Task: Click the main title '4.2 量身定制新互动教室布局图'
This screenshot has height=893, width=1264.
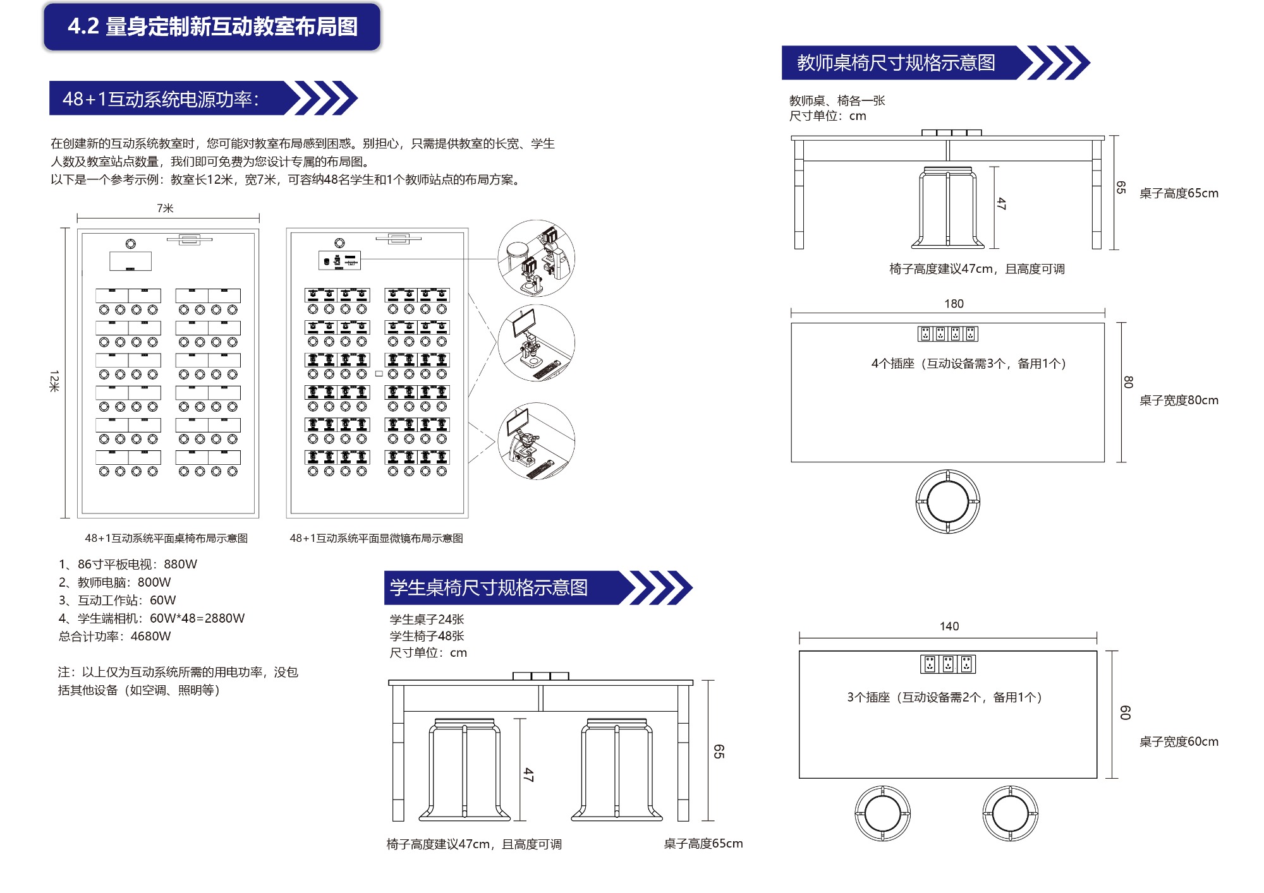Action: tap(212, 27)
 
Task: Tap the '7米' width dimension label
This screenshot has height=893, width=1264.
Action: tap(165, 208)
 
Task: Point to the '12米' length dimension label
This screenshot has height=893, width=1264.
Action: tap(54, 381)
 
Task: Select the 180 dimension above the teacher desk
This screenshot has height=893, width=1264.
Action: tap(954, 304)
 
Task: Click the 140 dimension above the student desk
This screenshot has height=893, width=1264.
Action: tap(949, 626)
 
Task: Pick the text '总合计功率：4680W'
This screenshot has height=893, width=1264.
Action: tap(114, 636)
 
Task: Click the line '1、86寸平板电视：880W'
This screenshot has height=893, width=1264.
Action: tap(128, 564)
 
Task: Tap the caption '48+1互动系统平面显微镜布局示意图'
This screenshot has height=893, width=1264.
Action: tap(376, 538)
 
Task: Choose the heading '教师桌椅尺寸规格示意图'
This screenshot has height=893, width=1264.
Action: tap(896, 63)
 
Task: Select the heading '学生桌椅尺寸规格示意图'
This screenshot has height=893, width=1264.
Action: tap(489, 587)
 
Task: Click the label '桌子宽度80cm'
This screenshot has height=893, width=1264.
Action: tap(1178, 400)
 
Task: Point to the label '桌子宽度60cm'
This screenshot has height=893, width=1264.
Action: tap(1178, 741)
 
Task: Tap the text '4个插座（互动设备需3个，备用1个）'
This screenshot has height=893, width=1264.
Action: tap(968, 363)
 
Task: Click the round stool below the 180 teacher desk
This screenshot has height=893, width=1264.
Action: tap(947, 501)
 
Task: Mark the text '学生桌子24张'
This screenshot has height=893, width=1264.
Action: tap(427, 620)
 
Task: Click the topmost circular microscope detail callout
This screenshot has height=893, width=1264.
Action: tap(536, 258)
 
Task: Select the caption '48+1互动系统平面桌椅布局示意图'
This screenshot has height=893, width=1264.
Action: tap(166, 538)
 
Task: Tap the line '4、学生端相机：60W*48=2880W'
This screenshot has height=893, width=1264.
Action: tap(151, 618)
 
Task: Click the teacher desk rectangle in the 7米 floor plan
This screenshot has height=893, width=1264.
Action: tap(130, 261)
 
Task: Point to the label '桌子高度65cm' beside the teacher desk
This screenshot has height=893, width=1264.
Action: tap(1178, 193)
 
